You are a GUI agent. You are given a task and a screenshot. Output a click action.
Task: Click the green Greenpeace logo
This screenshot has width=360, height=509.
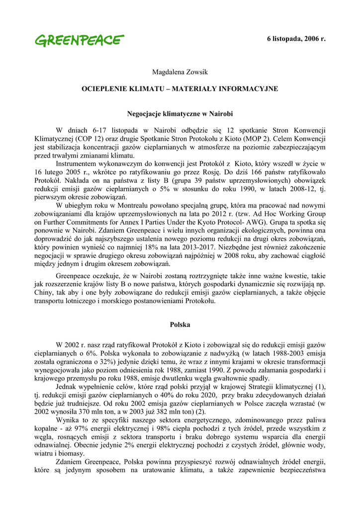80,40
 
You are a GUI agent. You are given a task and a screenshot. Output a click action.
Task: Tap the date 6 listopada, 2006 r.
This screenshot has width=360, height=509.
296,38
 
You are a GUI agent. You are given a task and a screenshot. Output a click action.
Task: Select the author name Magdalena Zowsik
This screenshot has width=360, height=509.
180,73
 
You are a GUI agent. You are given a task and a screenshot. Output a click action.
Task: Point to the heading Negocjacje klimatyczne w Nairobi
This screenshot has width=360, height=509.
180,114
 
